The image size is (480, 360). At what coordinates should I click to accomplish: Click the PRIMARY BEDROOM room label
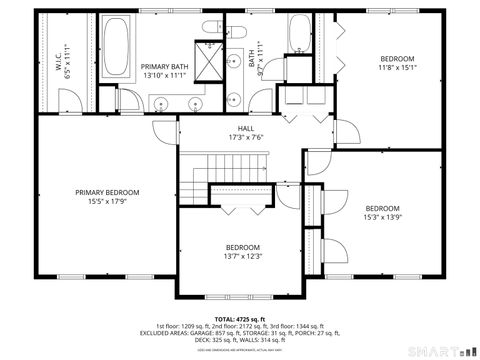pyautogui.click(x=107, y=192)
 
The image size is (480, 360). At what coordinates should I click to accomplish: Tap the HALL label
pyautogui.click(x=245, y=128)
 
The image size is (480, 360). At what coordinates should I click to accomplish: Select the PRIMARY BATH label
pyautogui.click(x=165, y=65)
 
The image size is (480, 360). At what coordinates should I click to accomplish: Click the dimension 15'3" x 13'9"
pyautogui.click(x=382, y=217)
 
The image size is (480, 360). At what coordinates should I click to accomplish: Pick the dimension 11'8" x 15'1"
pyautogui.click(x=382, y=68)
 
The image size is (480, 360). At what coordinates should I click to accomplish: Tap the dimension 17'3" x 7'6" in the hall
pyautogui.click(x=245, y=138)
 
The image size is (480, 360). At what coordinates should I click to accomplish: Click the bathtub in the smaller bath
pyautogui.click(x=300, y=36)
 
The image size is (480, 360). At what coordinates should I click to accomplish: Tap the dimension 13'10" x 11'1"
pyautogui.click(x=165, y=75)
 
